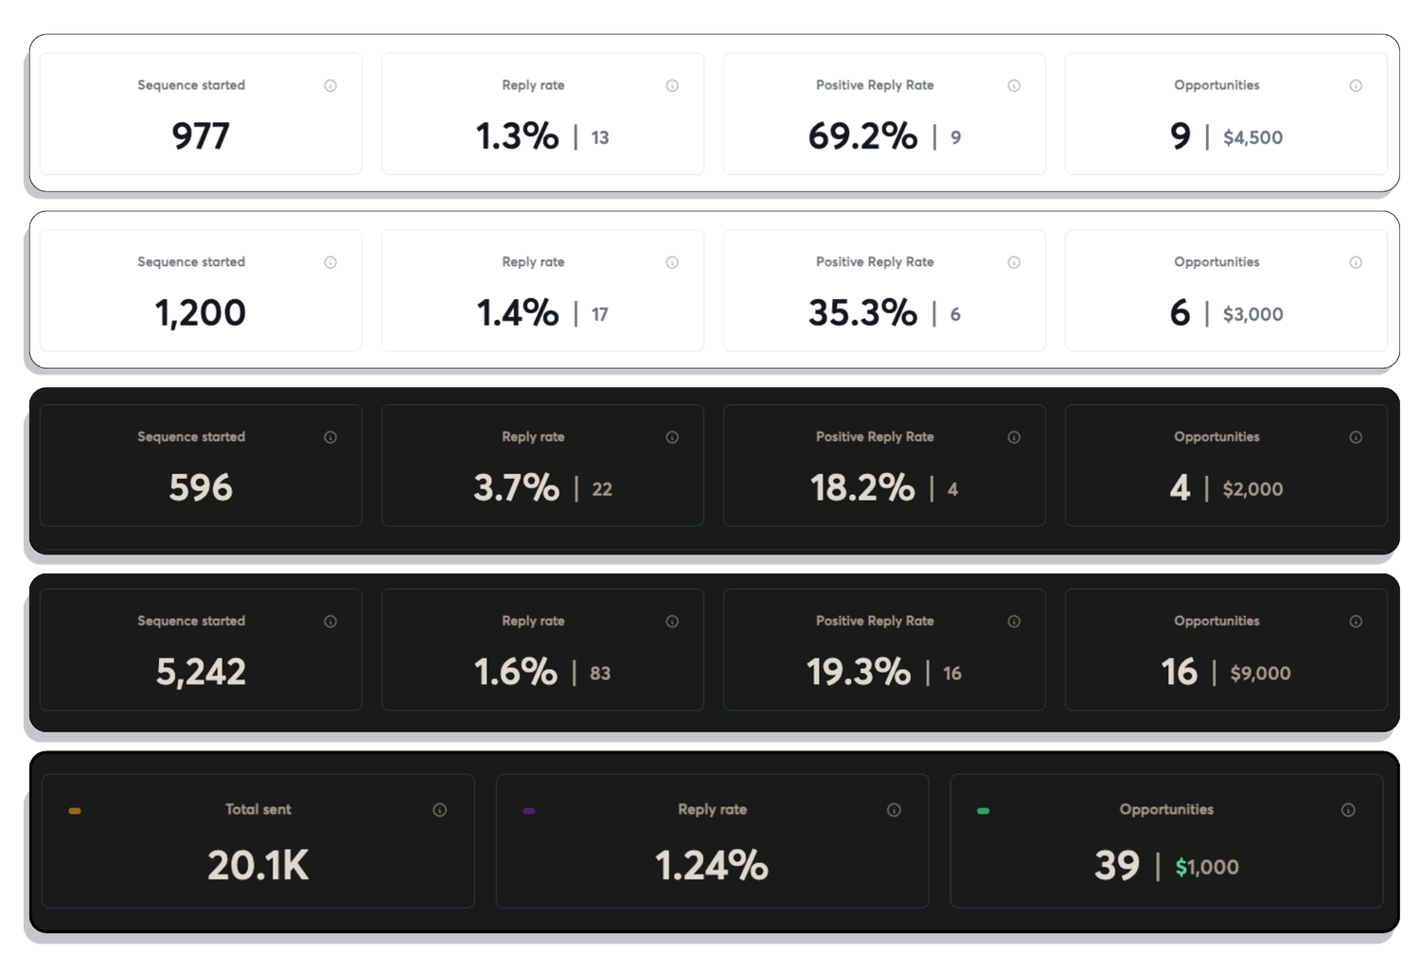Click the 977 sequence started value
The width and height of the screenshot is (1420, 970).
point(200,136)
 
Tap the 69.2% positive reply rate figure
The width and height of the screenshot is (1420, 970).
point(862,136)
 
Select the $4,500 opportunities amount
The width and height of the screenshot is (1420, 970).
point(1252,138)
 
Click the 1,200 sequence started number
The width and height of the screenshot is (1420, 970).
point(200,313)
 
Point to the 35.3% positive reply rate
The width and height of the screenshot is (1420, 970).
point(862,313)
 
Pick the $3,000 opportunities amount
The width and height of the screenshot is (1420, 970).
point(1252,315)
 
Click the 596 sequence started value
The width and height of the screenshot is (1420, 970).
point(200,488)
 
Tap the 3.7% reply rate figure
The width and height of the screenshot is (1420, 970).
point(516,488)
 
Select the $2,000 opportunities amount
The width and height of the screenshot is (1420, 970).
point(1252,490)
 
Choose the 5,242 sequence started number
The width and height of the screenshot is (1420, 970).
point(200,673)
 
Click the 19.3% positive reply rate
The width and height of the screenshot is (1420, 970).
point(858,673)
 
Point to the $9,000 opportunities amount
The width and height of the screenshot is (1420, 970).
point(1260,674)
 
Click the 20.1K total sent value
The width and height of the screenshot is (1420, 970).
point(257,866)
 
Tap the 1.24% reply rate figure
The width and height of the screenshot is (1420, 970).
point(711,866)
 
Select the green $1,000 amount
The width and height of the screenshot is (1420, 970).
point(1207,868)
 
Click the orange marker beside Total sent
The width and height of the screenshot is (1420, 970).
point(75,811)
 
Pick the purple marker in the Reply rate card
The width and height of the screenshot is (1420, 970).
point(529,811)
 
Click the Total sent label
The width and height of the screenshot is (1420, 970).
point(257,810)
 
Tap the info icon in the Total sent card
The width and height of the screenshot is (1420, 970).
point(439,810)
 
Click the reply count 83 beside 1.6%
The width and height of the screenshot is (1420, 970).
point(600,674)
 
